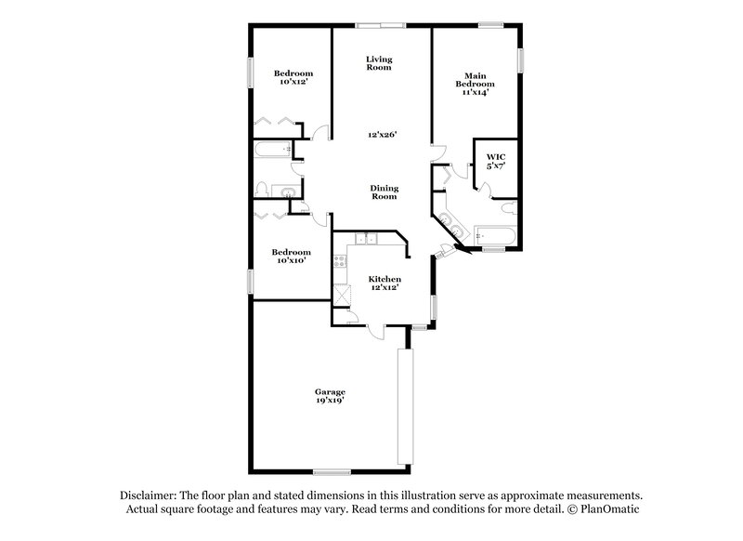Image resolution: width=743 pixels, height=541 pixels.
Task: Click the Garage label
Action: (330, 396)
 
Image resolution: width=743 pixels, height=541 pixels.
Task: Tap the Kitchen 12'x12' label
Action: (384, 284)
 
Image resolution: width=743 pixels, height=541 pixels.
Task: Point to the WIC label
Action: (494, 161)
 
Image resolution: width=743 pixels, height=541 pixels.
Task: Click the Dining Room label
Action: (385, 192)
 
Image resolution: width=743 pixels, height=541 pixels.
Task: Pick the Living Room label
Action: (379, 64)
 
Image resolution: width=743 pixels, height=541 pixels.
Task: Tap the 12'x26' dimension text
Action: (382, 135)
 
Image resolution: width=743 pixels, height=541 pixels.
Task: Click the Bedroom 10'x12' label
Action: (293, 78)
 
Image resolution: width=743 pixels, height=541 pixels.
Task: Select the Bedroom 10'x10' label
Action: (291, 257)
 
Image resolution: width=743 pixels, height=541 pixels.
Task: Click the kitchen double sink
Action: (368, 239)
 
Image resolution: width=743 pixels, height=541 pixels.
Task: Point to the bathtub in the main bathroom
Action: (490, 234)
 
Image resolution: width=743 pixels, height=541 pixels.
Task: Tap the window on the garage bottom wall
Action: (332, 471)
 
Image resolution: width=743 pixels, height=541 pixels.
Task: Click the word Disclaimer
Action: (151, 495)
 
